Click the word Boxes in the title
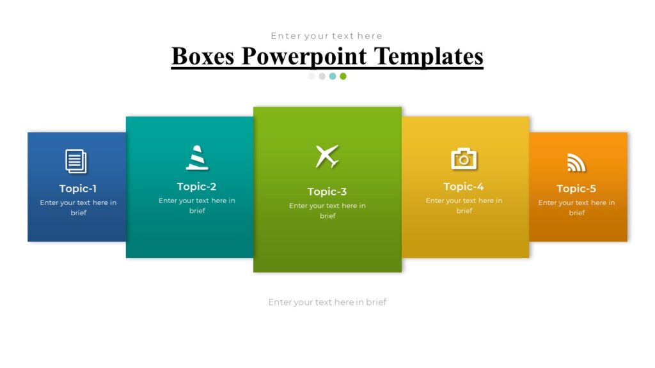point(203,56)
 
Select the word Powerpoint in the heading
point(304,56)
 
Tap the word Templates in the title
point(428,56)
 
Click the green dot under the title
point(343,76)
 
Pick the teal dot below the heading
point(333,76)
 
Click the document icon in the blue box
point(76,161)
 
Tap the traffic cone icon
point(197,158)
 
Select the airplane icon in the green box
point(327,157)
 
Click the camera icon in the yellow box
point(464,158)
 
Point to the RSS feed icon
point(576,163)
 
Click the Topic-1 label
point(78,188)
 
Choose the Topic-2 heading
point(197,187)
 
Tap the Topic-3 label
point(327,192)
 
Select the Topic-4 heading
point(464,187)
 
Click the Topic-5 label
point(576,188)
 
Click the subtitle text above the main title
point(326,36)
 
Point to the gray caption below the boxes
point(327,302)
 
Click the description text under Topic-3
point(327,211)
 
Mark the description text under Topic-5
point(576,208)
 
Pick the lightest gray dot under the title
point(312,76)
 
